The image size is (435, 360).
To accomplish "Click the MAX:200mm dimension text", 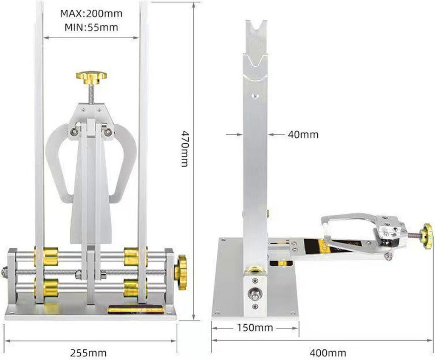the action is point(91,13).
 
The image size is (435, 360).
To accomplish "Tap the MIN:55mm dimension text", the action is point(91,27).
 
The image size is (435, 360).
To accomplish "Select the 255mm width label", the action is point(88,353).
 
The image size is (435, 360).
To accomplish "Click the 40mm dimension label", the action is point(303,135).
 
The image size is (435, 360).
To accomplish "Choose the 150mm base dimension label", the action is point(255,328).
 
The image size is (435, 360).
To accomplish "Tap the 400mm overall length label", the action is point(328,353).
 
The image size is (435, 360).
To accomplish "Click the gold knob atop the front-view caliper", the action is point(92,77).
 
